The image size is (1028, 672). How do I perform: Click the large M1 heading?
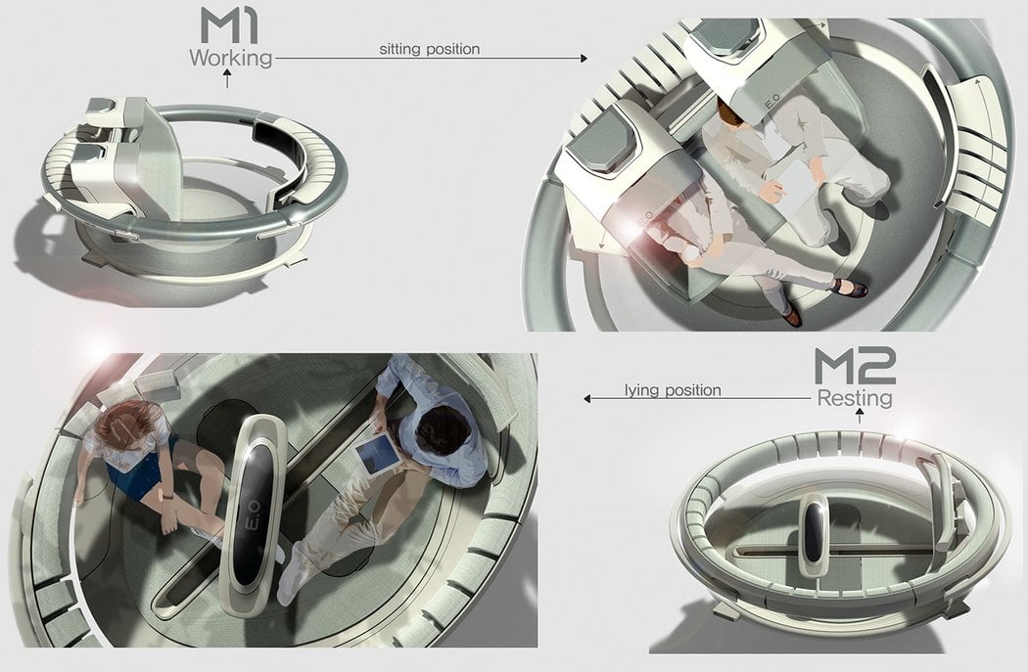[229, 25]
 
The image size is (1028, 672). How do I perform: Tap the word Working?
[231, 58]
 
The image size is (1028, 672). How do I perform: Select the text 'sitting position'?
[430, 49]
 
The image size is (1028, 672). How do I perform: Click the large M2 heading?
[855, 367]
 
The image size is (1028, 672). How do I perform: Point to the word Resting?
[855, 398]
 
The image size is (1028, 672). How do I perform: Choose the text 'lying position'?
[673, 390]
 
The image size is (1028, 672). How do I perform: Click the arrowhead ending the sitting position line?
[584, 59]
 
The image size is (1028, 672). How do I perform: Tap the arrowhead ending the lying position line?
[587, 398]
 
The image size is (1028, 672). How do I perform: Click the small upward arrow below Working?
[227, 80]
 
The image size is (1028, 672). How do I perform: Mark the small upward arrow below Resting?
[860, 416]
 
